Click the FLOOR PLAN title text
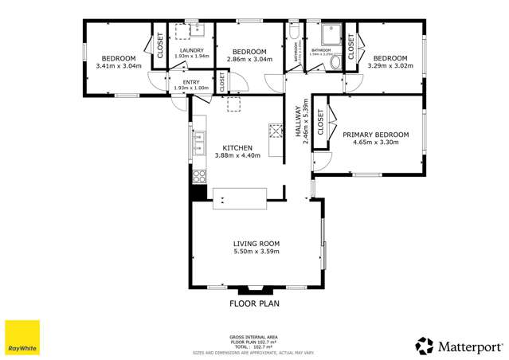(x=254, y=303)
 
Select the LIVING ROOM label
(x=256, y=244)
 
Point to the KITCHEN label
(x=237, y=148)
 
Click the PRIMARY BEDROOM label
(x=375, y=135)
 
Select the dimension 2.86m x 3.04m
(x=249, y=59)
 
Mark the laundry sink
(x=197, y=32)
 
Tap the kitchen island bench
(x=239, y=198)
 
